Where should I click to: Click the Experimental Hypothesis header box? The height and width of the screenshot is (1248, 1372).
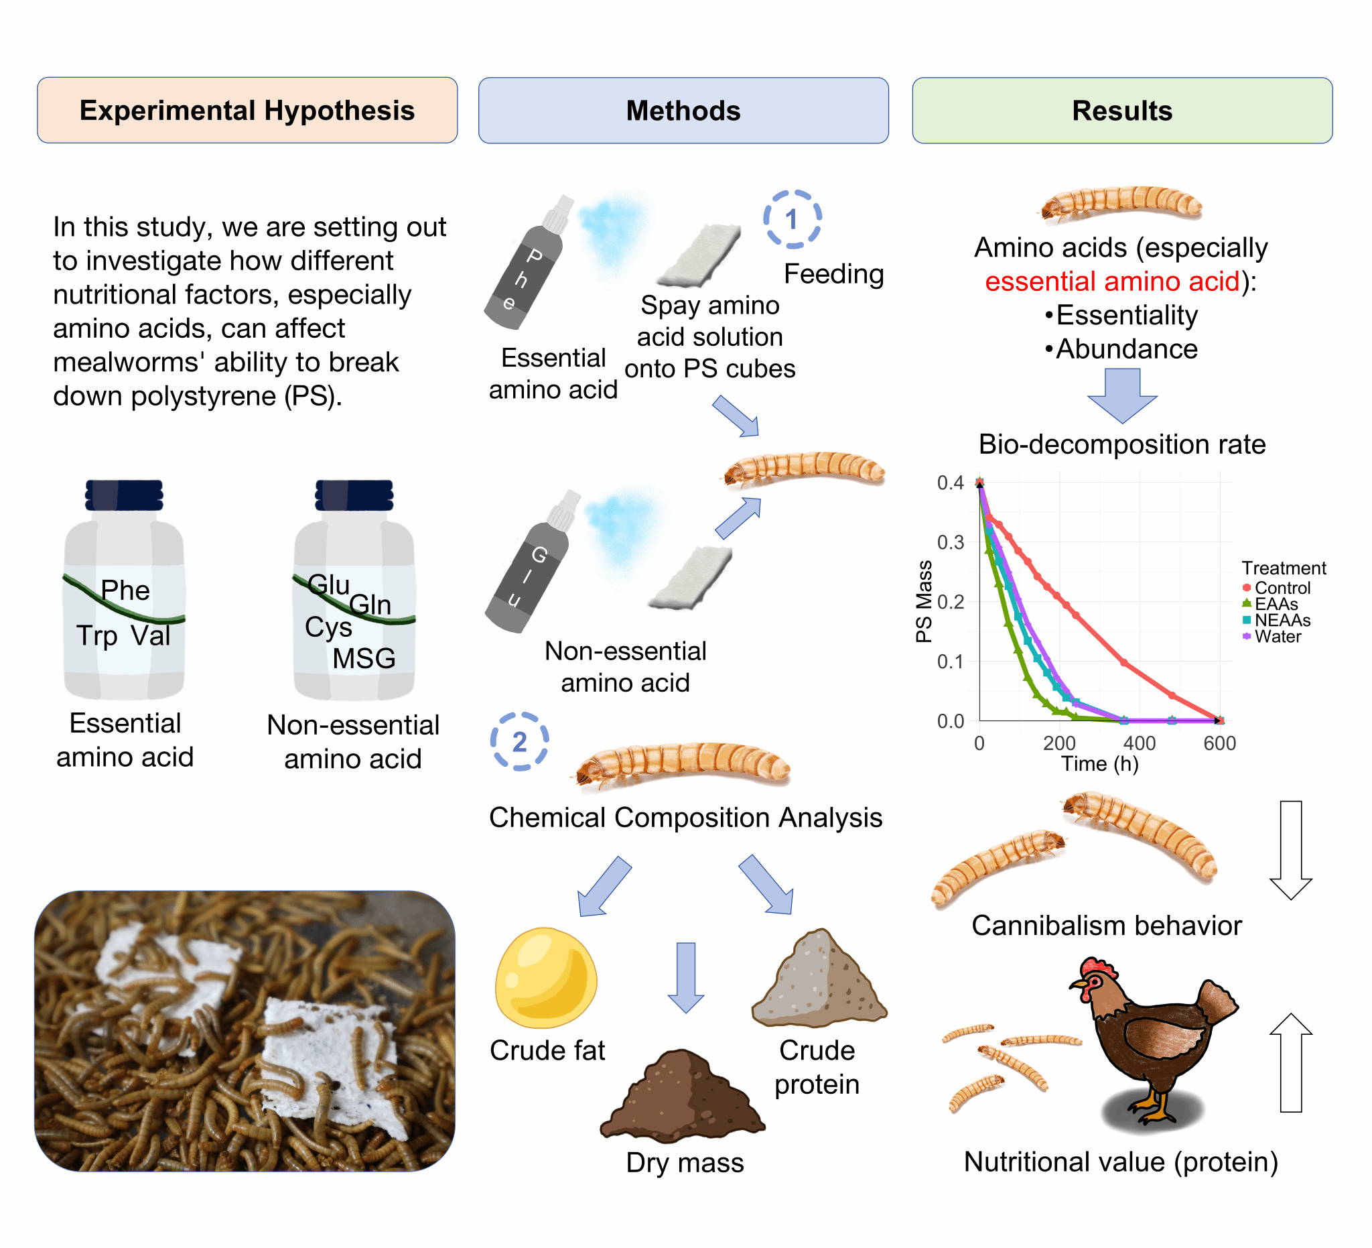(x=247, y=111)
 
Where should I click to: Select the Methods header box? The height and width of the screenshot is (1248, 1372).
(x=683, y=111)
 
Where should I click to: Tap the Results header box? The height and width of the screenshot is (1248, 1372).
(x=1121, y=111)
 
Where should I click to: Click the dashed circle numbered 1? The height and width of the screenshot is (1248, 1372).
(x=791, y=219)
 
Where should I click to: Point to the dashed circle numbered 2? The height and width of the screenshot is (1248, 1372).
(x=519, y=741)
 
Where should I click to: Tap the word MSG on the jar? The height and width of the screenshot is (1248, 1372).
(x=363, y=658)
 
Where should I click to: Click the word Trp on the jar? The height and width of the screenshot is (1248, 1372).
(x=96, y=635)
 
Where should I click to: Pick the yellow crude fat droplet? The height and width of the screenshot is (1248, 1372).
(x=546, y=978)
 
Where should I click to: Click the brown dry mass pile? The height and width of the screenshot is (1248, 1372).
(x=682, y=1096)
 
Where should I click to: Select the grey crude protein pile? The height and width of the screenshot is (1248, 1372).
(x=819, y=981)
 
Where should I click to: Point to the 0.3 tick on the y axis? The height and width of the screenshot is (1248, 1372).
(x=950, y=543)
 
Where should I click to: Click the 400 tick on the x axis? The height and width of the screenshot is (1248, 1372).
(x=1139, y=743)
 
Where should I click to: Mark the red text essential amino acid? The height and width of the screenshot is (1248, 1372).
(x=1111, y=282)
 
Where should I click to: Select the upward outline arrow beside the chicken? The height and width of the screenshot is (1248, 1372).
(x=1290, y=1063)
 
